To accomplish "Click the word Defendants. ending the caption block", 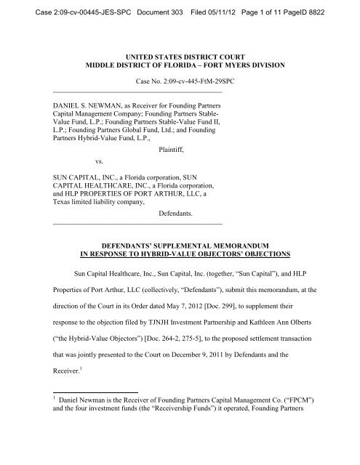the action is point(179,214).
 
